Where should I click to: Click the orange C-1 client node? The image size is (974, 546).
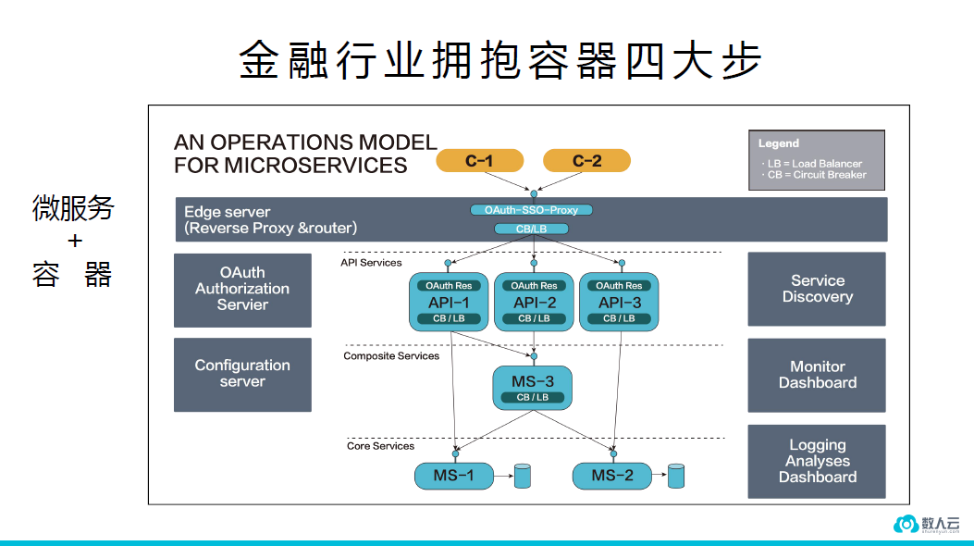point(479,161)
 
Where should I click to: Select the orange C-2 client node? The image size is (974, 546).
point(586,161)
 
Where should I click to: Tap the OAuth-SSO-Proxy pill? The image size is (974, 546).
point(532,210)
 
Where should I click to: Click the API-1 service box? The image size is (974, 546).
point(449,302)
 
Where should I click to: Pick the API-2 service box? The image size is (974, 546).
point(534,302)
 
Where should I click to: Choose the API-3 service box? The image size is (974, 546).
point(619,302)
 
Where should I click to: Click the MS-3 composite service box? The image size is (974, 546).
point(532,387)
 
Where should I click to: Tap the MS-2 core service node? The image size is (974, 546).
point(612,477)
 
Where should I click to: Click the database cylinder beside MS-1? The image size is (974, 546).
point(523,477)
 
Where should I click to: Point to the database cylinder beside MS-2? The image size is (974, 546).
point(676,477)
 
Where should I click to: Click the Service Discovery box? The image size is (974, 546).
point(817,289)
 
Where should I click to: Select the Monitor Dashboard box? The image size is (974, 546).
point(817,375)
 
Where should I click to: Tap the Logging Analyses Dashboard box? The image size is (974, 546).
point(817,461)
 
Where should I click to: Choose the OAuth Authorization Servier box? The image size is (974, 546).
point(242,289)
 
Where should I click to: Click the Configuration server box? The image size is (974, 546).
point(242,374)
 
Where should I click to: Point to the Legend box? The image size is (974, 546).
point(816,160)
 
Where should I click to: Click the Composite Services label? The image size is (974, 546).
point(391,356)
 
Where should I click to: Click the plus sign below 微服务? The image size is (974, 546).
point(74,242)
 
